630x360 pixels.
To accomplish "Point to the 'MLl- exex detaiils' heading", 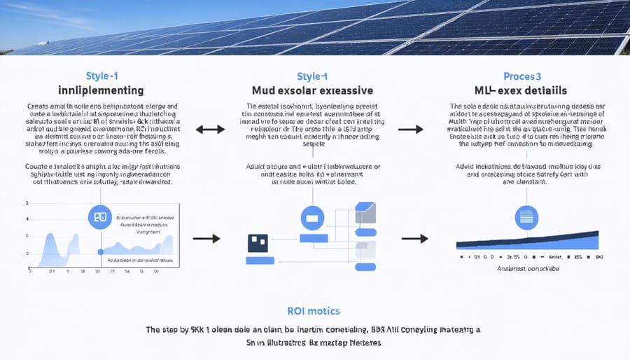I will click(x=524, y=90).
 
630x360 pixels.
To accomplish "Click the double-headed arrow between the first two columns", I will click(x=209, y=129).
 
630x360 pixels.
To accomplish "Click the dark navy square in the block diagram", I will click(x=258, y=243).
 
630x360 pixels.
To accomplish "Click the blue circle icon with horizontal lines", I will click(x=526, y=217).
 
